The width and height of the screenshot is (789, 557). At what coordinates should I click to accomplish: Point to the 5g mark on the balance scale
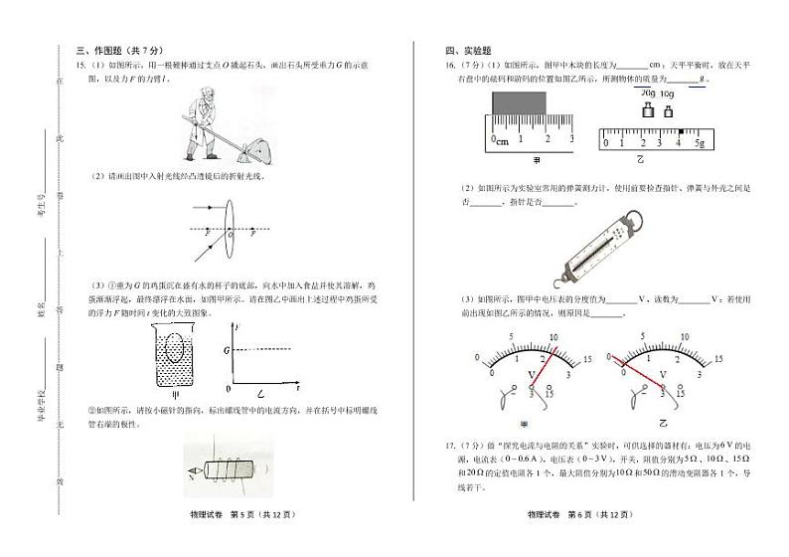point(699,142)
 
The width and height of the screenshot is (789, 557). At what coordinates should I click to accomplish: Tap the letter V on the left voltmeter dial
point(533,375)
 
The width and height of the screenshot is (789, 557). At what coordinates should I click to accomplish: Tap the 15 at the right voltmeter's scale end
point(719,359)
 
